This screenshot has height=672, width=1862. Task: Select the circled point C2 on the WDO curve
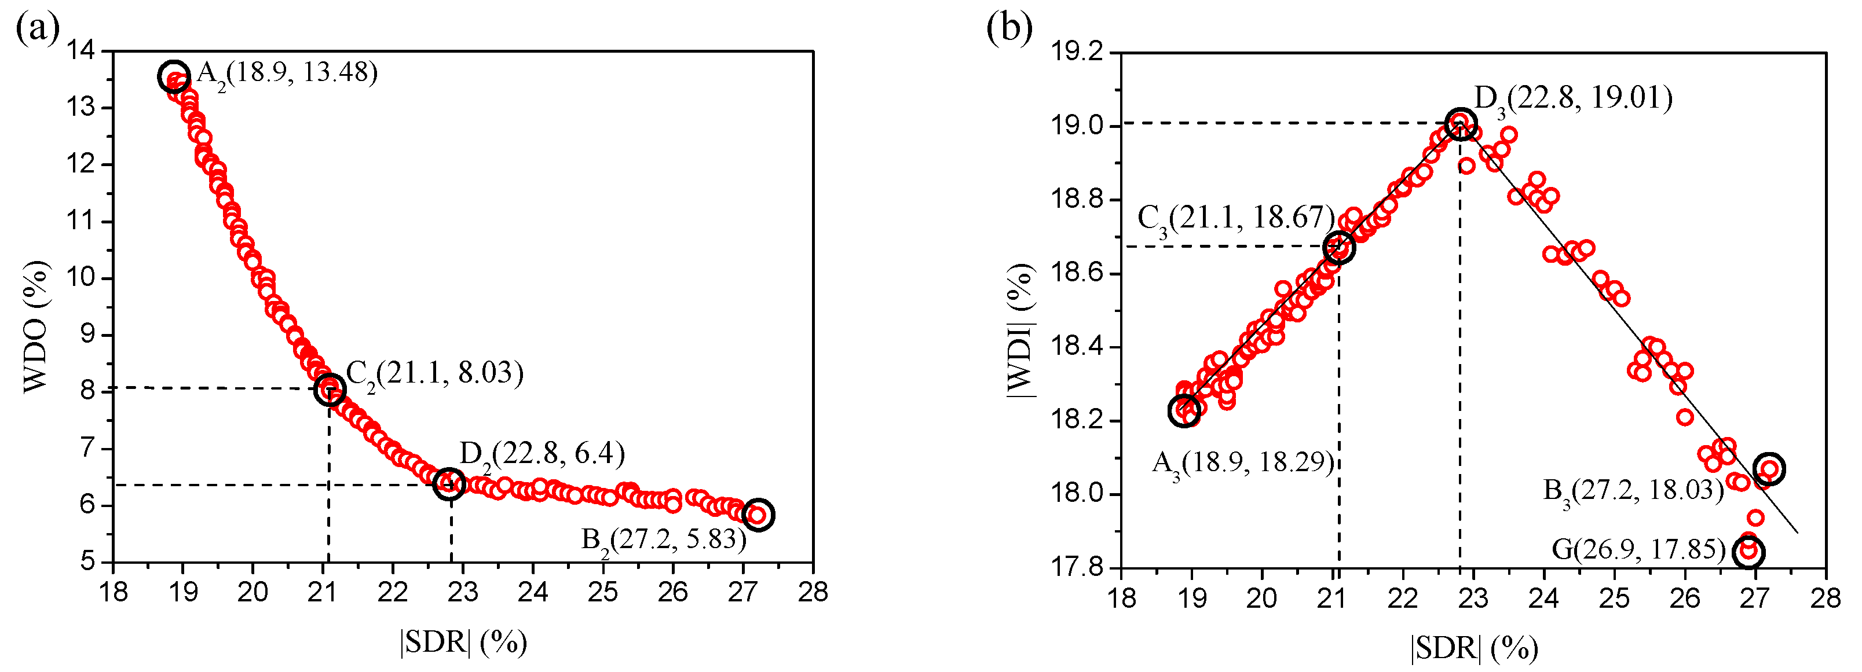pos(330,390)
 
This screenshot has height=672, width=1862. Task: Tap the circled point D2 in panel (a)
pos(449,483)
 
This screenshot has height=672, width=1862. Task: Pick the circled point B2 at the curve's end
pos(758,515)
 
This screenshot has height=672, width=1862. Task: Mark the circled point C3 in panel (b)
pos(1338,248)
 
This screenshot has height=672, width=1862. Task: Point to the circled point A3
pos(1184,411)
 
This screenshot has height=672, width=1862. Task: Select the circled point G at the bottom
pos(1748,553)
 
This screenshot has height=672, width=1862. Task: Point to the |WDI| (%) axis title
pos(1020,331)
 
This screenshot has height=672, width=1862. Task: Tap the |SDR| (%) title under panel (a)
pos(463,642)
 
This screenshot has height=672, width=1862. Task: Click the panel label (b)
pos(1010,29)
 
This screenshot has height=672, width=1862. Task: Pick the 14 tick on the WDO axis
pos(81,50)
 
